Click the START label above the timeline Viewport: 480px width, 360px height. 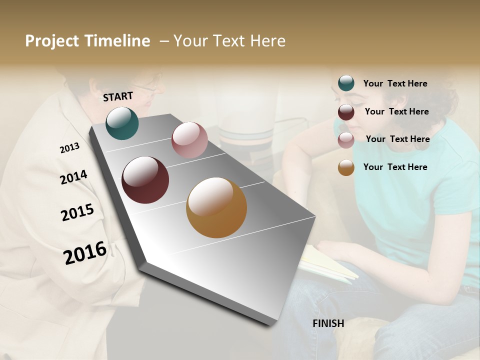(118, 96)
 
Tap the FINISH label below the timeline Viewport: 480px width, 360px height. (328, 323)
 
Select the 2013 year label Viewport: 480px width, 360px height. (69, 148)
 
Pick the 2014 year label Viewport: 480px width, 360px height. (73, 177)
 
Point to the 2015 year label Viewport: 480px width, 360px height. (77, 212)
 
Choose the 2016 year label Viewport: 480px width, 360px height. (85, 252)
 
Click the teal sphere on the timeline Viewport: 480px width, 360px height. (122, 123)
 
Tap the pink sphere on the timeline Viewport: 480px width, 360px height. (189, 140)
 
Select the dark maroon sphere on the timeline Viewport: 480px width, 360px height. (145, 179)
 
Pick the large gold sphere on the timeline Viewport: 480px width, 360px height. (216, 207)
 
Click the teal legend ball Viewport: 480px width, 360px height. (346, 83)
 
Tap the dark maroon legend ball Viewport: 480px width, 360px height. (346, 112)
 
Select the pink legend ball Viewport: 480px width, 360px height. (346, 140)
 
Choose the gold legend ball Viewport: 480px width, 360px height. (346, 168)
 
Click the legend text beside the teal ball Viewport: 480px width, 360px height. (395, 83)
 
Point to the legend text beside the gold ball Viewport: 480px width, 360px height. (395, 167)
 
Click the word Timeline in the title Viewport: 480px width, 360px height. (117, 41)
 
